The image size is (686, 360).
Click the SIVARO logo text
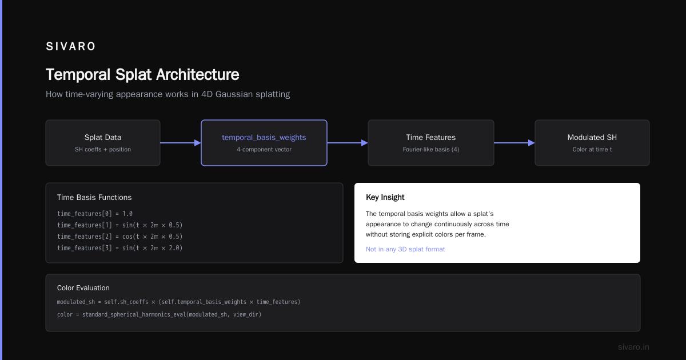[x=70, y=46]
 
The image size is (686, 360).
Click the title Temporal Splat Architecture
[x=142, y=75]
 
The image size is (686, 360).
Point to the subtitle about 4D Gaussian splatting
[x=168, y=94]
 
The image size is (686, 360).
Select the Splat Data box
[x=103, y=143]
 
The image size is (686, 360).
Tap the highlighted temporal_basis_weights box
[x=264, y=143]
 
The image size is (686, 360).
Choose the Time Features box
[x=431, y=143]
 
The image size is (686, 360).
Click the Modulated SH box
[x=592, y=143]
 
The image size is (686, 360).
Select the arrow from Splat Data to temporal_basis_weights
[x=181, y=143]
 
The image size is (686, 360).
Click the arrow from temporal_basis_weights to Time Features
[x=348, y=143]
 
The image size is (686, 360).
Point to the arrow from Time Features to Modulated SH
[x=514, y=143]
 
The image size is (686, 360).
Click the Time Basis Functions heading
[x=94, y=198]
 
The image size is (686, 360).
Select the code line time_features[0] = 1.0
[x=95, y=214]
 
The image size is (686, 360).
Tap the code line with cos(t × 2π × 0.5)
[x=119, y=237]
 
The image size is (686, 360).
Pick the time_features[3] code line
[x=119, y=248]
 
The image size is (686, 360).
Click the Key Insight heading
[x=385, y=198]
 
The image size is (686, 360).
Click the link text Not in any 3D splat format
[x=405, y=249]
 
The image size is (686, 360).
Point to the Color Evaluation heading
[x=83, y=288]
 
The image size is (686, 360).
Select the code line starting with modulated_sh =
[x=178, y=302]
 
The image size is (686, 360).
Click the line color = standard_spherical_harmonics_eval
[x=159, y=314]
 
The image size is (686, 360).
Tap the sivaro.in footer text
[x=633, y=347]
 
